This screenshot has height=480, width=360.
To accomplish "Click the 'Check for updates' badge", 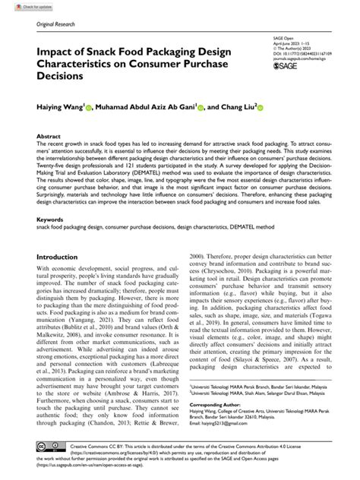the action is pos(21,7).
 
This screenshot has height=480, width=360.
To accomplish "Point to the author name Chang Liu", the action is pos(235,110).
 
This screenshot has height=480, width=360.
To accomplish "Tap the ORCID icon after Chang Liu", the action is pos(263,110).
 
